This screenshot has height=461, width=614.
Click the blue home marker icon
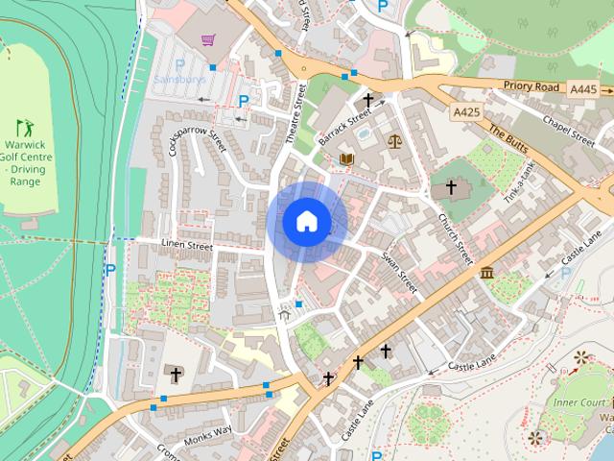306,222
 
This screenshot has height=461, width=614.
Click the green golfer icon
24,127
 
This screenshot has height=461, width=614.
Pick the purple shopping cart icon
207,40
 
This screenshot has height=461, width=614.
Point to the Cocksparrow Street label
197,129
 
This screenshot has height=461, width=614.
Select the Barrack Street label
345,129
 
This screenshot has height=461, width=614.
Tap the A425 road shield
466,112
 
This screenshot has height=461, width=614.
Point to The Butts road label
508,140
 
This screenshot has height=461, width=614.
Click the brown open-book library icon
347,158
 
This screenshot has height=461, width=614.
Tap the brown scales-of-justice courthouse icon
394,140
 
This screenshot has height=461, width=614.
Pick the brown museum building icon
486,273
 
